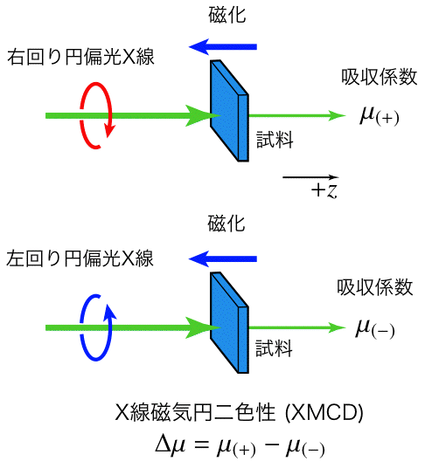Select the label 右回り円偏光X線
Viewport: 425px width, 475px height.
click(80, 57)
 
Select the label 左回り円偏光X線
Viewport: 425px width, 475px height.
click(80, 258)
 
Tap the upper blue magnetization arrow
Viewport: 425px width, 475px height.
click(223, 47)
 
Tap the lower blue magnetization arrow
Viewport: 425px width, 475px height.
click(223, 259)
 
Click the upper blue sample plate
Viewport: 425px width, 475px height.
click(229, 111)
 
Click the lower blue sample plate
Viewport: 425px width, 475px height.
click(229, 322)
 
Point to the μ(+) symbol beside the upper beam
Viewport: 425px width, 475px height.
click(380, 116)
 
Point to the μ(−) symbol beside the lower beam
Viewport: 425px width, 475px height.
click(375, 329)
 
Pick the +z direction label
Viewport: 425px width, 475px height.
click(324, 191)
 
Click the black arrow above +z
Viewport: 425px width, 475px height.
click(310, 177)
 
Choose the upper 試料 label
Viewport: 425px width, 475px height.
click(275, 140)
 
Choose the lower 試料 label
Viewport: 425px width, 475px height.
click(275, 348)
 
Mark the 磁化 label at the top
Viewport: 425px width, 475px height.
click(227, 15)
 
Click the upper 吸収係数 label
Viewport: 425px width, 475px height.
click(380, 77)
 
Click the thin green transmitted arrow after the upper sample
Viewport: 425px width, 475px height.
click(297, 115)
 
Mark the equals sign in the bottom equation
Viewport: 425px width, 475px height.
click(202, 445)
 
